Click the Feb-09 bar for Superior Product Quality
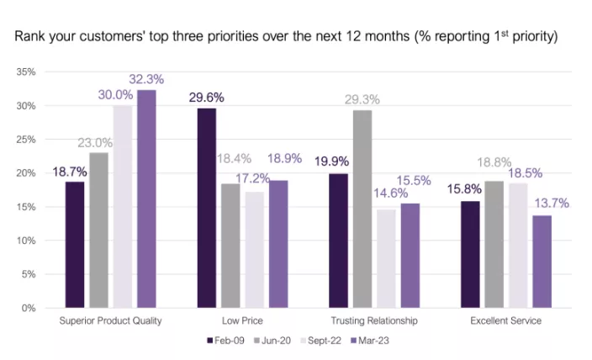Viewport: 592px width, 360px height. coord(75,244)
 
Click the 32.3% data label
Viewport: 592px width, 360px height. coord(145,79)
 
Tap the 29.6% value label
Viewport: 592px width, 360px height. coord(206,98)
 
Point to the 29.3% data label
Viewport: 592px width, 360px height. coord(362,99)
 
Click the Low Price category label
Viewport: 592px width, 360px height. coord(243,321)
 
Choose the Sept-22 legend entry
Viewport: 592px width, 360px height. coord(320,341)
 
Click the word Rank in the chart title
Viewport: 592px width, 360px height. coord(27,38)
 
